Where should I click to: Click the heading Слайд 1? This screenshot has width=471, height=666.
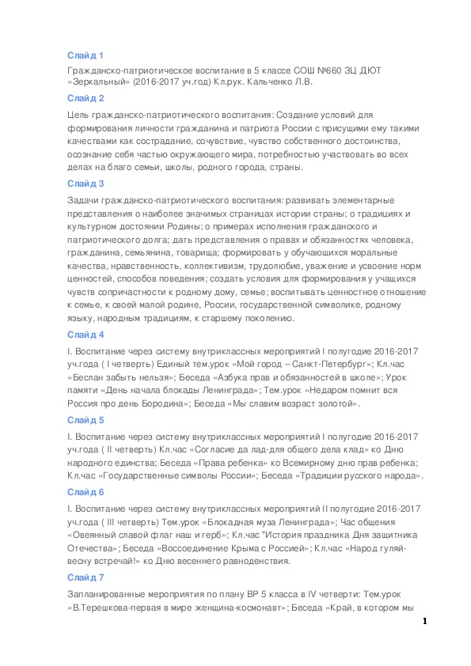85,55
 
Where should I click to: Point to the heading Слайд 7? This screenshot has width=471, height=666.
85,577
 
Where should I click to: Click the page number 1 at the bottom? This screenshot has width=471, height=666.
425,622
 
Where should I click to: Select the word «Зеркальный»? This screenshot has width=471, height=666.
98,82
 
